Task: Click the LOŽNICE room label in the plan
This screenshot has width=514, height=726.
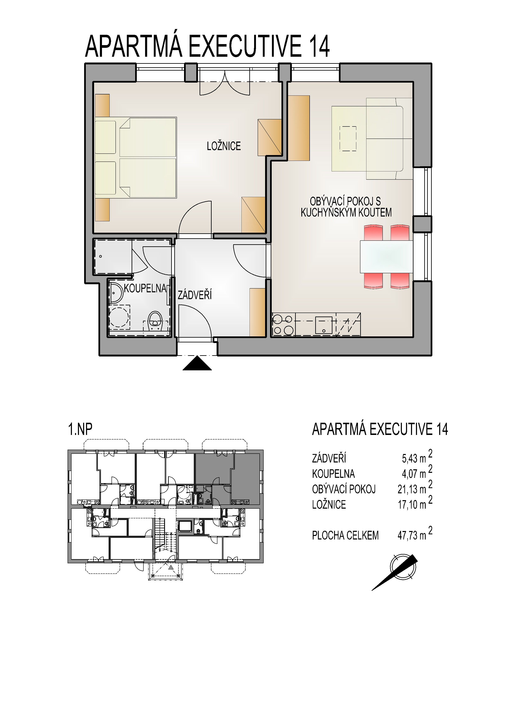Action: pos(224,146)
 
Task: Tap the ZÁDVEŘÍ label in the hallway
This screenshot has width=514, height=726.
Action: pos(195,295)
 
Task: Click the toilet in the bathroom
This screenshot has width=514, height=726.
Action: pos(155,319)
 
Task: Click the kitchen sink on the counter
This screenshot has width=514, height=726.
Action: pos(324,325)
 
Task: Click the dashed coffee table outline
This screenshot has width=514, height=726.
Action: pos(348,138)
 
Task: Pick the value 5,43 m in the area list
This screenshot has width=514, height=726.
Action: pos(414,459)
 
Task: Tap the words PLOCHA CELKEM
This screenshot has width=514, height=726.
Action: pos(345,536)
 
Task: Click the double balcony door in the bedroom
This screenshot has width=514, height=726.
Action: pos(225,84)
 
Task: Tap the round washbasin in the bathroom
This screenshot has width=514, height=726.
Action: pos(116,293)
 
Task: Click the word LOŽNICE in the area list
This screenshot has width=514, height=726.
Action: pos(329,505)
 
